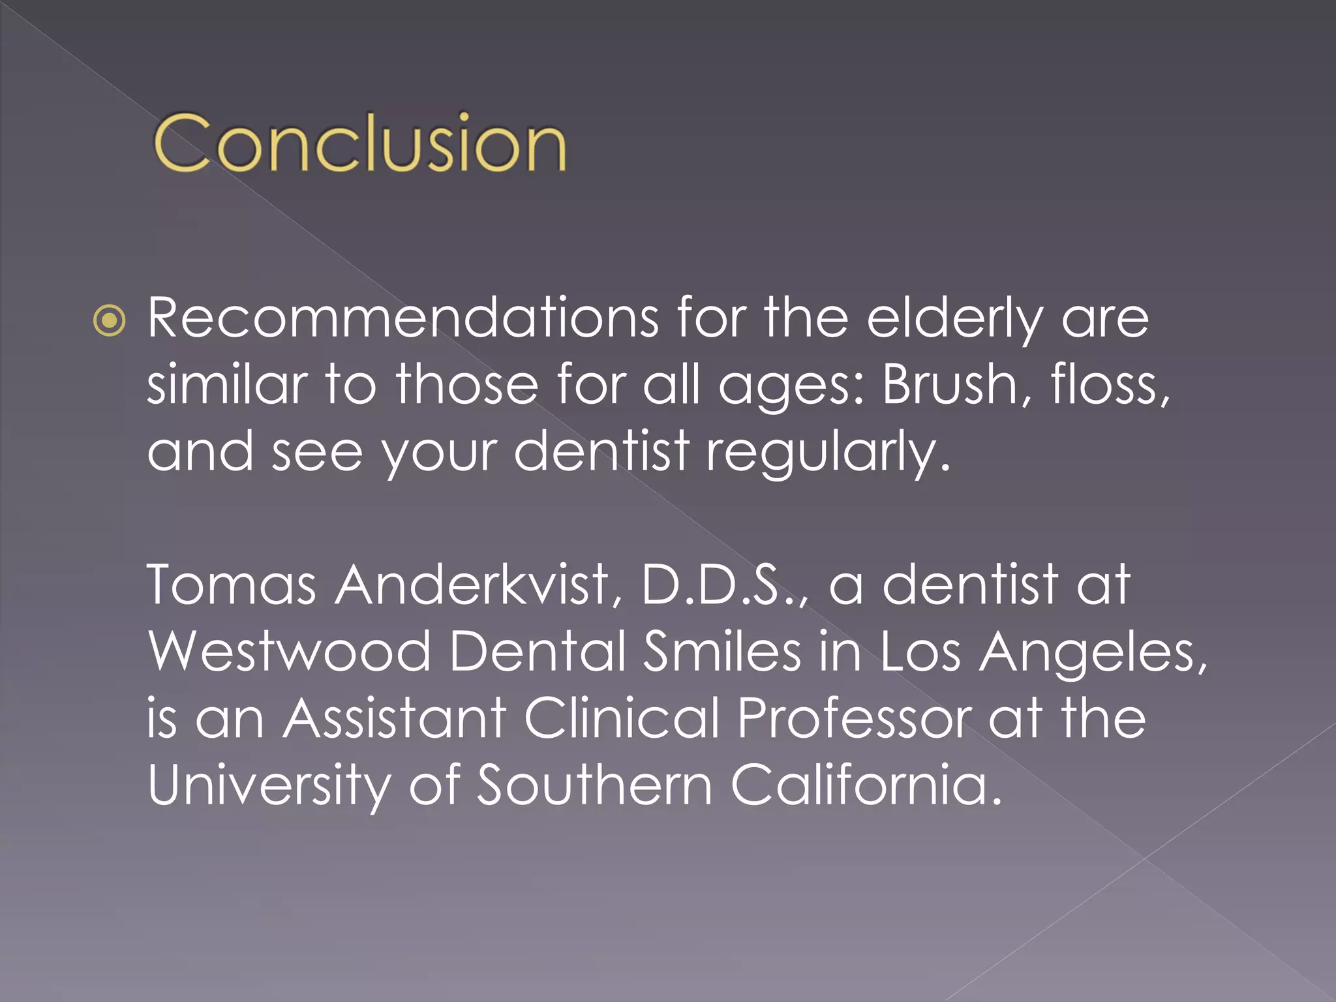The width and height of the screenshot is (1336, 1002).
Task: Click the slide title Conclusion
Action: (359, 143)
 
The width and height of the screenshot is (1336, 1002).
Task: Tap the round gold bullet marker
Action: (109, 320)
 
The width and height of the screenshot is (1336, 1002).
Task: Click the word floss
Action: (1109, 384)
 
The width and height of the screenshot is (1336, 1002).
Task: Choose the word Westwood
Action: (289, 652)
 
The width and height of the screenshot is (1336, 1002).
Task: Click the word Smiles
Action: (721, 652)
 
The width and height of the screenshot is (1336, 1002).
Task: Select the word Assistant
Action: (395, 718)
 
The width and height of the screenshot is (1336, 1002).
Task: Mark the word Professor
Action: (855, 718)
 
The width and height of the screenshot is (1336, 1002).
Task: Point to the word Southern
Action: (594, 785)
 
